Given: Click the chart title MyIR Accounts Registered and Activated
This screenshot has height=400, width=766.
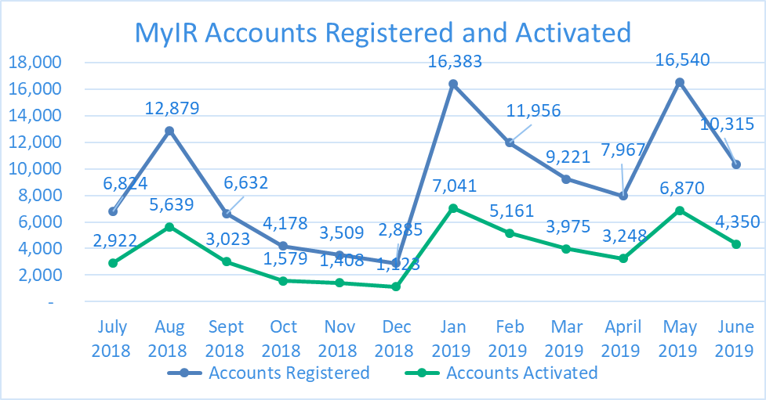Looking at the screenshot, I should click(x=383, y=32).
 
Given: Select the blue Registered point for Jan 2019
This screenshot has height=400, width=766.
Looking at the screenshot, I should click(x=453, y=84).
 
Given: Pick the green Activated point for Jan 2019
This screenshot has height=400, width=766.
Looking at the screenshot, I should click(x=453, y=208).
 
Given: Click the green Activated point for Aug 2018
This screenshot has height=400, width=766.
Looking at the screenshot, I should click(x=169, y=227).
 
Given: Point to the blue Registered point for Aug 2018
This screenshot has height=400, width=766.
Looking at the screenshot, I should click(x=169, y=131).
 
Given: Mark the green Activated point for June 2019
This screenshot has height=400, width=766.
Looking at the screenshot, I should click(x=736, y=244).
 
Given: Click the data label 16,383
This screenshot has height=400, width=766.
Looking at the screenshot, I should click(x=455, y=61).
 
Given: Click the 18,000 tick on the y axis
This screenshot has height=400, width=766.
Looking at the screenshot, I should click(x=35, y=63).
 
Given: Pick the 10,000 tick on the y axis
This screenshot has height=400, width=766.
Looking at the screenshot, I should click(x=35, y=169).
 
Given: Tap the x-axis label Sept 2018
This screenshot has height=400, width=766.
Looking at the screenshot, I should click(x=225, y=338).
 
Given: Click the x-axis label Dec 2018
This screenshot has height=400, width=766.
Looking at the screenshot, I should click(x=396, y=338).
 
